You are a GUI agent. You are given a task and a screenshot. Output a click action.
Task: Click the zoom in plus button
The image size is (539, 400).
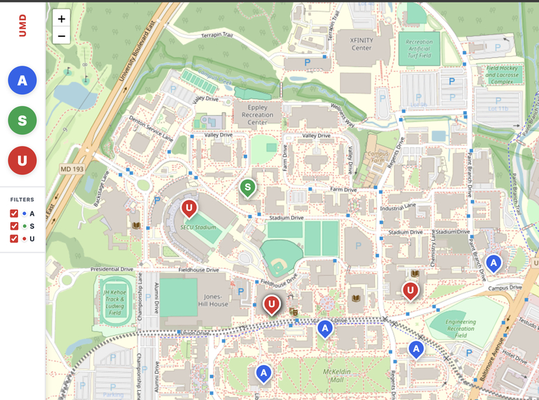[x=61, y=19]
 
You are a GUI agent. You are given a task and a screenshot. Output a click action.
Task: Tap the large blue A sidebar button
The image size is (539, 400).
[x=22, y=81]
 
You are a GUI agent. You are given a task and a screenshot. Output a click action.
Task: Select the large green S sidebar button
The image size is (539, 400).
[x=22, y=121]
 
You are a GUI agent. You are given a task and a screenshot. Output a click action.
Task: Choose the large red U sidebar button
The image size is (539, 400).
[x=22, y=161]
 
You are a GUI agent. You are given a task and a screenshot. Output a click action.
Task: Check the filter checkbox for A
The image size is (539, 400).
[x=14, y=214]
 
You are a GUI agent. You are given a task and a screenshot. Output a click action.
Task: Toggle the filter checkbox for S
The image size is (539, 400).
[x=14, y=226]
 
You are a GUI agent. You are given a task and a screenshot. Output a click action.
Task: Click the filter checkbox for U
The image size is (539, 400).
[x=14, y=239]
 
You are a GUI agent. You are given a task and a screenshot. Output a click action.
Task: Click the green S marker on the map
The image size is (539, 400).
[x=247, y=187]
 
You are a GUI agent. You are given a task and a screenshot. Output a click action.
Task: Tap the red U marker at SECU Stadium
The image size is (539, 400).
[x=189, y=208]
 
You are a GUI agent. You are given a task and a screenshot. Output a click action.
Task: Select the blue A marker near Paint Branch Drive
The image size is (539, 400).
[x=494, y=263]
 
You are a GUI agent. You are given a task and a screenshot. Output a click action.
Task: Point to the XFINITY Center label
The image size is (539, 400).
[x=352, y=44]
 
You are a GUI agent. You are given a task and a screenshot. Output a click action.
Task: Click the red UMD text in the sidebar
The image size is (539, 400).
[x=22, y=26]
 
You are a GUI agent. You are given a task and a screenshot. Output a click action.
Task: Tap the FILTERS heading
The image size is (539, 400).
[x=22, y=200]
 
